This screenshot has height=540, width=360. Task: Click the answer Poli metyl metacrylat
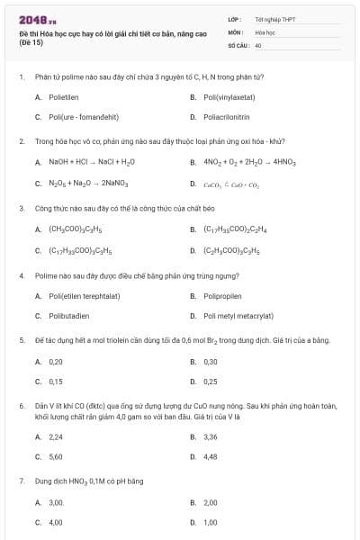pyautogui.click(x=238, y=316)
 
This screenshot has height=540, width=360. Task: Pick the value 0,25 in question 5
pyautogui.click(x=211, y=382)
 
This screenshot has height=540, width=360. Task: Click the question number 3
pyautogui.click(x=22, y=208)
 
